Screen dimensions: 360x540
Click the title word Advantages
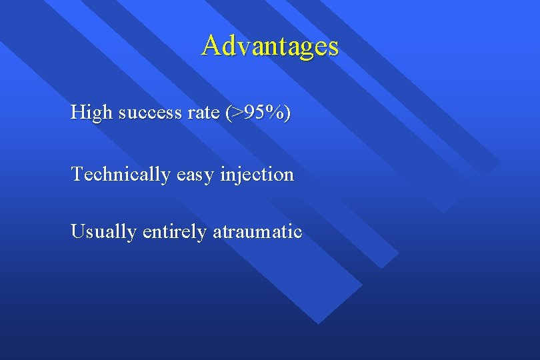pyautogui.click(x=270, y=46)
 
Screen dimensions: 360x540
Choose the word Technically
pyautogui.click(x=121, y=175)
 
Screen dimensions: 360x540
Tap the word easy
pyautogui.click(x=198, y=175)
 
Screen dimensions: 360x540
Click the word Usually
pyautogui.click(x=103, y=232)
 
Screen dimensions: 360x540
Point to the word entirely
pyautogui.click(x=174, y=232)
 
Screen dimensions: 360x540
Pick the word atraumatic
pyautogui.click(x=257, y=232)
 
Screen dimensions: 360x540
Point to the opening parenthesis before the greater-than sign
pyautogui.click(x=228, y=114)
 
